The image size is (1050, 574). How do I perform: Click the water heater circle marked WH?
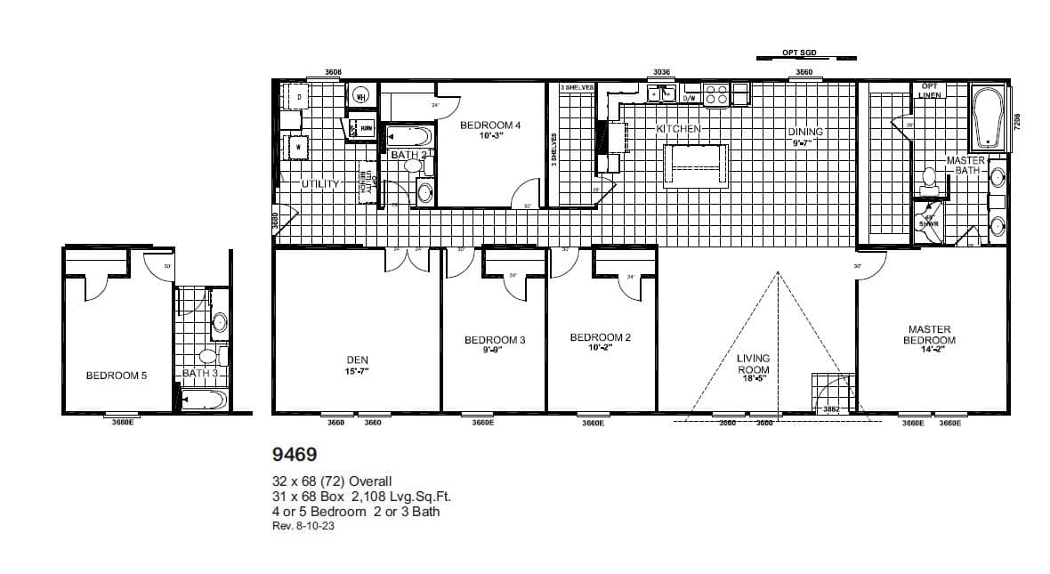pos(361,96)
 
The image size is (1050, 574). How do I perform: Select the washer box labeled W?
pos(297,146)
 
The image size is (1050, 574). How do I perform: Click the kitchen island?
pos(696,166)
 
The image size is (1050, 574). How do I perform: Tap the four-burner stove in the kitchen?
pos(716,93)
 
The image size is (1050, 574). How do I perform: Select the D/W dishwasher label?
pos(689,98)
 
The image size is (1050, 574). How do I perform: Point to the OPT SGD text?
pos(798,53)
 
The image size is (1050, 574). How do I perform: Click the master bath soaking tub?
pos(988,117)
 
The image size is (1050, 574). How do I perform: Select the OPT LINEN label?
pos(930,91)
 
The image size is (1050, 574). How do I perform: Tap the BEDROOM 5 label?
pos(117,376)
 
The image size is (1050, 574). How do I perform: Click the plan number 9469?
pos(292,454)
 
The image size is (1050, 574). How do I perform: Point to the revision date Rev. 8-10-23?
pos(303,526)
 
